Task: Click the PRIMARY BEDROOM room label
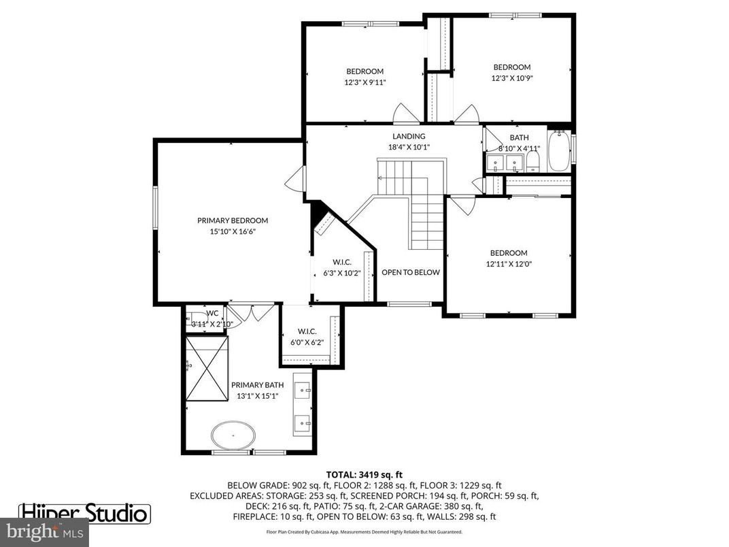[x=233, y=220]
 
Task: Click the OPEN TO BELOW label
[x=410, y=272]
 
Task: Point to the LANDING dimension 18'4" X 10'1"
[x=408, y=147]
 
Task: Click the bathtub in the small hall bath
[x=560, y=151]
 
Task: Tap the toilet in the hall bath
[x=532, y=161]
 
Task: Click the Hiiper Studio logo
[x=84, y=512]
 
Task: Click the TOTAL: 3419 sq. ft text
[x=364, y=474]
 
